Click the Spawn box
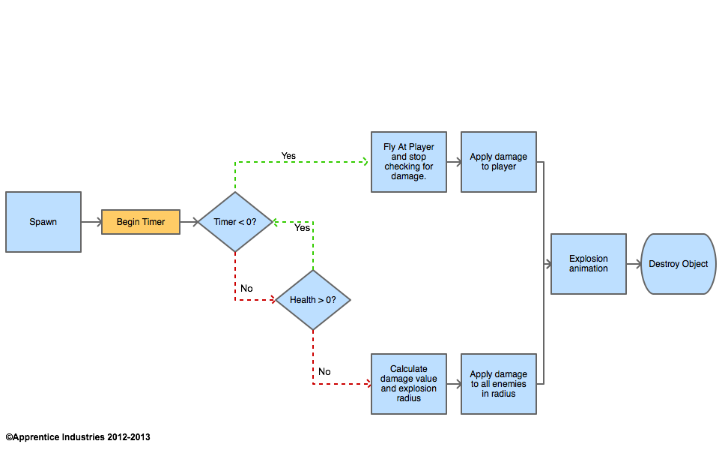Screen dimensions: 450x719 (x=43, y=222)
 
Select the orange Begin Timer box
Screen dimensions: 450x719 (x=141, y=222)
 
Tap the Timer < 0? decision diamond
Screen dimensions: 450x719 (x=235, y=222)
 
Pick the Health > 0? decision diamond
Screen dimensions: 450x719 (x=313, y=300)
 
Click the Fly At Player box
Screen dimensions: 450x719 (x=409, y=162)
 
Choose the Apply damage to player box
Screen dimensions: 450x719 (x=499, y=162)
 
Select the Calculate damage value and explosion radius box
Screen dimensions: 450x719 (x=409, y=384)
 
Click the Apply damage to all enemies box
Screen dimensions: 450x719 (x=499, y=384)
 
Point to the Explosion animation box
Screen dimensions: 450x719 (x=589, y=264)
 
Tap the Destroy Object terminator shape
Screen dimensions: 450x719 (x=679, y=264)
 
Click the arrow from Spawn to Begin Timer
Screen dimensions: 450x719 (x=91, y=222)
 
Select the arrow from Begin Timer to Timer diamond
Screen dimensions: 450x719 (x=189, y=222)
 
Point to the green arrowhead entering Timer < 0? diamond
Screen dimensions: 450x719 (x=276, y=222)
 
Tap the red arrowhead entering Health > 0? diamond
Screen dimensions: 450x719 (x=273, y=300)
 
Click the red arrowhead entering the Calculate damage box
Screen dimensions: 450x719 (x=367, y=384)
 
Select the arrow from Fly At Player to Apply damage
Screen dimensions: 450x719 (x=454, y=162)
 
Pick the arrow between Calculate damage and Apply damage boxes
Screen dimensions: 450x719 (x=454, y=384)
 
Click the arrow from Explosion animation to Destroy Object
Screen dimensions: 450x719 (x=634, y=264)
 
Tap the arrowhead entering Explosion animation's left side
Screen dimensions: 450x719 (x=547, y=264)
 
